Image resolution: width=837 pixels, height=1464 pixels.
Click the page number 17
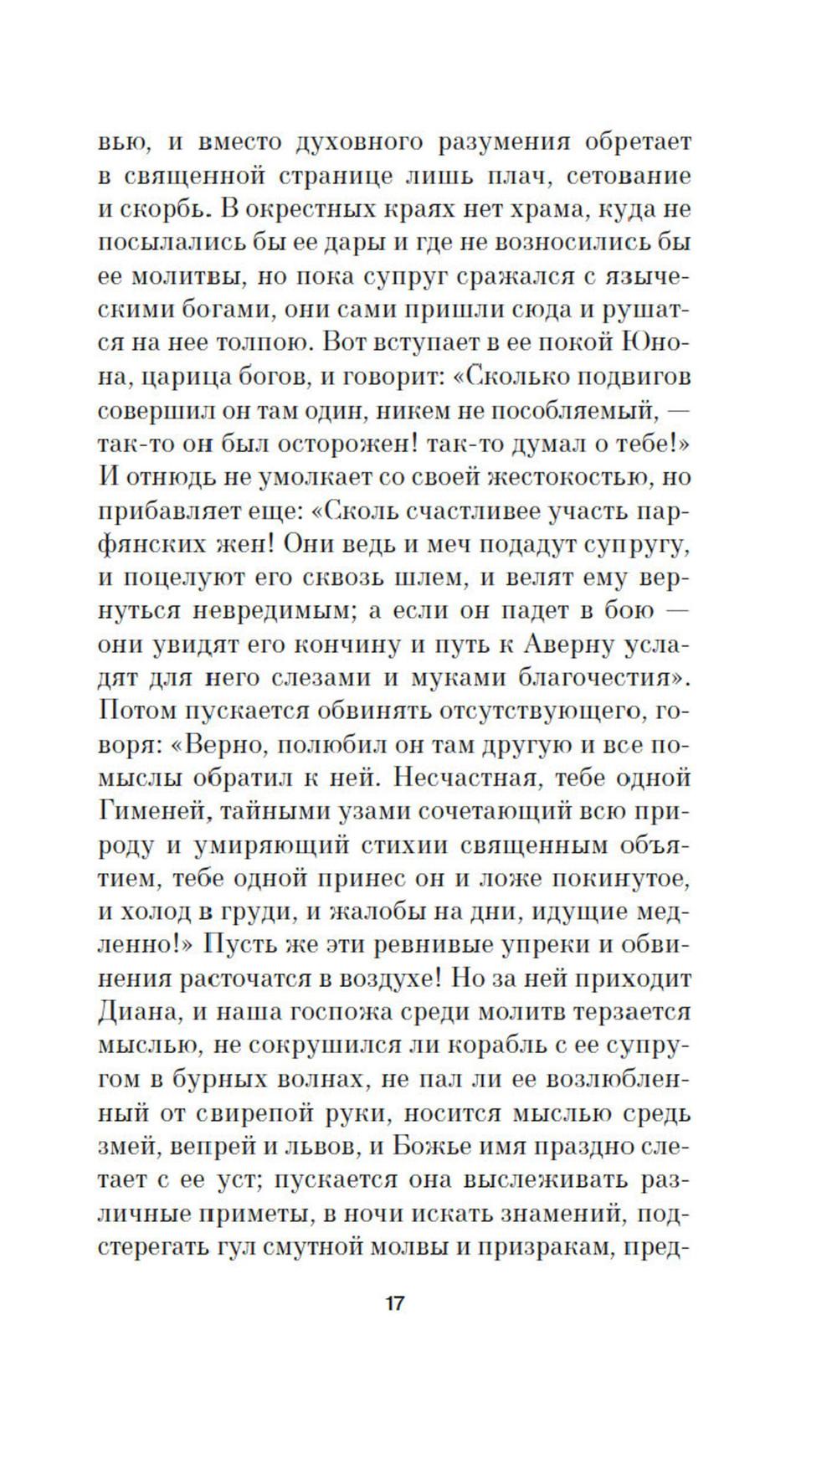tap(394, 1303)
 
